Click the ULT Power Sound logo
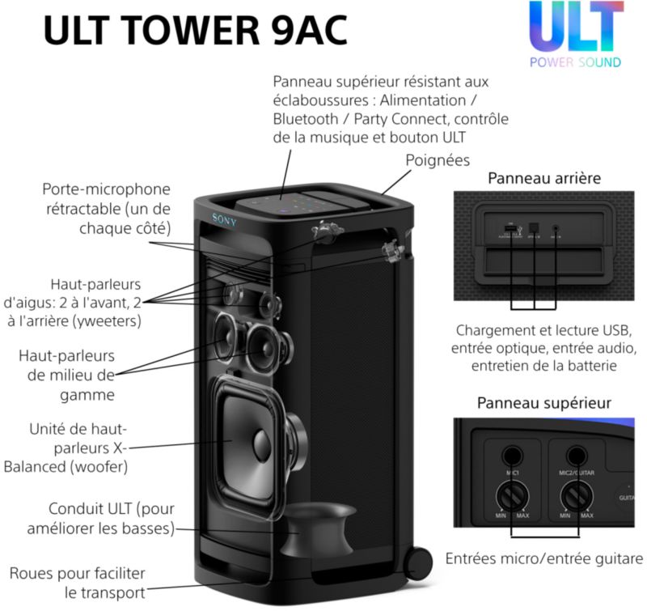576,34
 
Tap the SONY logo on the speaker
225,219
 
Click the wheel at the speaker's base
418,563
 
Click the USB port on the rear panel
510,229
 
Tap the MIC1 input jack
512,456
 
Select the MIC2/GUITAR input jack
576,456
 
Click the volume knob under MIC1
512,496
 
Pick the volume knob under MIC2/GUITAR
577,496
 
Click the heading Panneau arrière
544,178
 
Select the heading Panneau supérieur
544,403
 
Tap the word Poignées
438,160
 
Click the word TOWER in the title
192,30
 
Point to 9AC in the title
310,30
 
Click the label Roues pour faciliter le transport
78,583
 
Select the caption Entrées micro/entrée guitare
544,558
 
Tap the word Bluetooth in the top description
306,119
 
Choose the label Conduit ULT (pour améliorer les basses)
101,519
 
